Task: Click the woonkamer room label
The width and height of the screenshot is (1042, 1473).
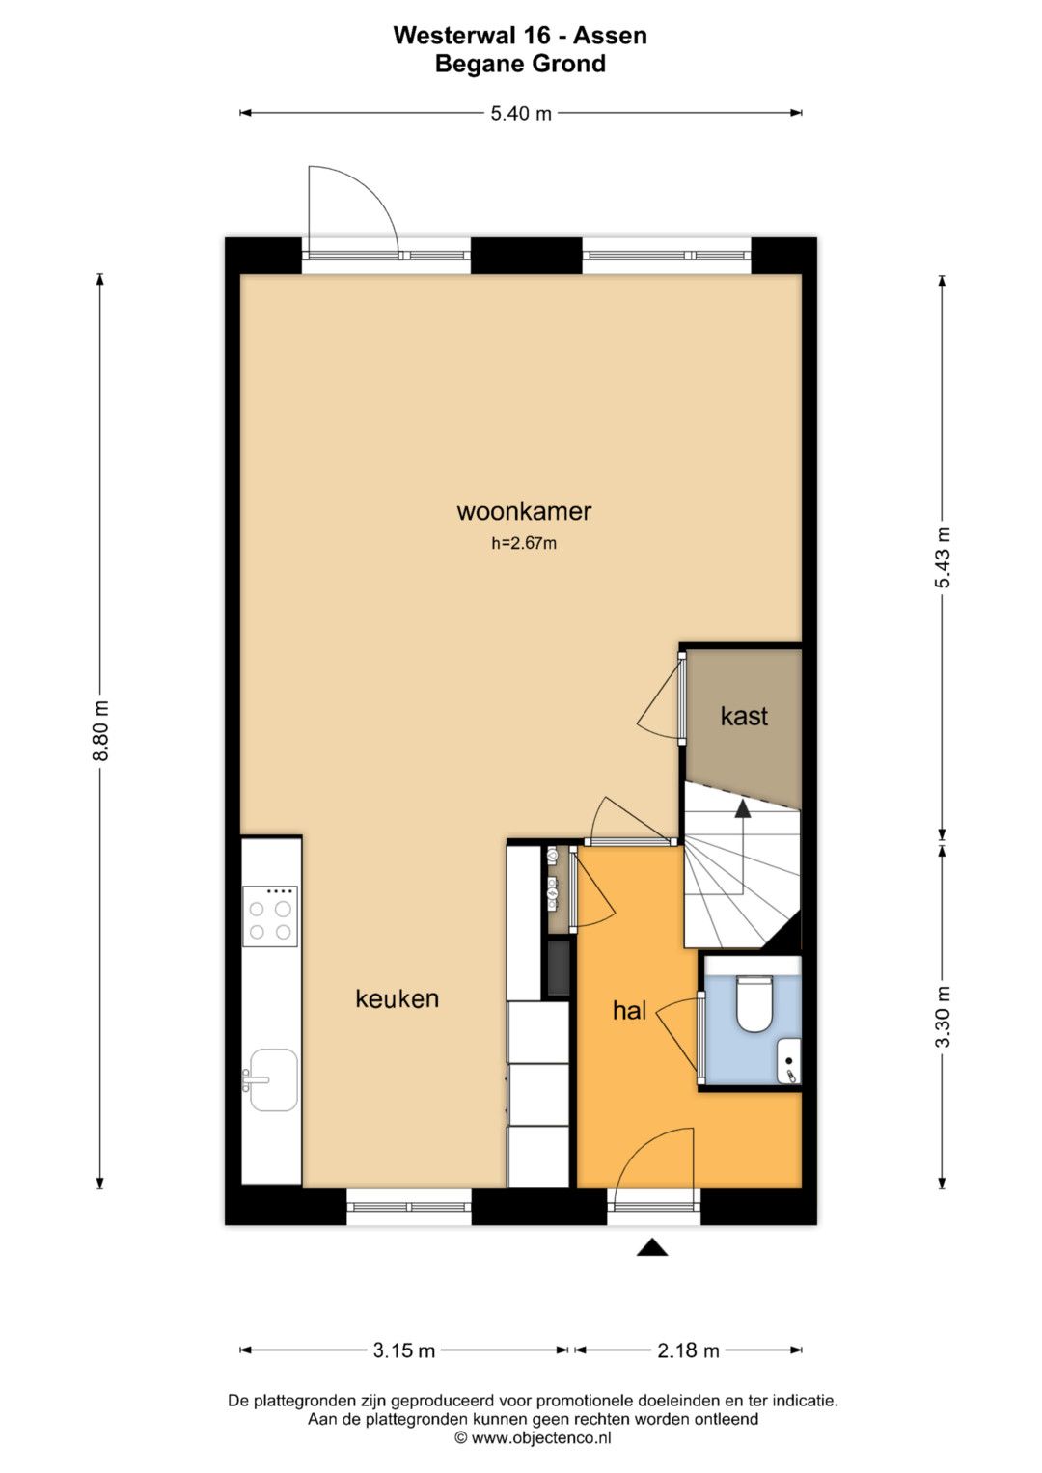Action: (524, 511)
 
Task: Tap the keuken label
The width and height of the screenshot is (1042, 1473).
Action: (397, 998)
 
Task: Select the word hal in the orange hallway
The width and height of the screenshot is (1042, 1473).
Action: (629, 1010)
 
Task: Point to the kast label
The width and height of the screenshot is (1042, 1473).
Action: (744, 716)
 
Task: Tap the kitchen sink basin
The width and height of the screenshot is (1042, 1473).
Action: (272, 1079)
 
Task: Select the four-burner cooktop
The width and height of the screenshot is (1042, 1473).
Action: (270, 916)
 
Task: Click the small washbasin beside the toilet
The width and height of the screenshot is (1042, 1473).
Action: (789, 1061)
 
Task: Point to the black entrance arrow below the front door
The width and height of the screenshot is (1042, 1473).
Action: (652, 1246)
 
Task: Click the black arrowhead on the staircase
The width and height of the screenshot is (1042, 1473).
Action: (743, 808)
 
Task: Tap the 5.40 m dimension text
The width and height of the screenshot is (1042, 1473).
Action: (521, 113)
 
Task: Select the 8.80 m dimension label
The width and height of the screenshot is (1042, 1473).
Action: (100, 731)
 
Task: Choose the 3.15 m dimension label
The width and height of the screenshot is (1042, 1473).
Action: (404, 1350)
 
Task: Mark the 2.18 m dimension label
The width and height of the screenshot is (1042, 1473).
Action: (688, 1350)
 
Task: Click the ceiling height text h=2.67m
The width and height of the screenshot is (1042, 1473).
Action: (524, 543)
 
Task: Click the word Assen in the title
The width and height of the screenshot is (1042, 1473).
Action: (610, 36)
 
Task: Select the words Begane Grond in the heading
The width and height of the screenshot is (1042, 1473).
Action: (520, 64)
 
